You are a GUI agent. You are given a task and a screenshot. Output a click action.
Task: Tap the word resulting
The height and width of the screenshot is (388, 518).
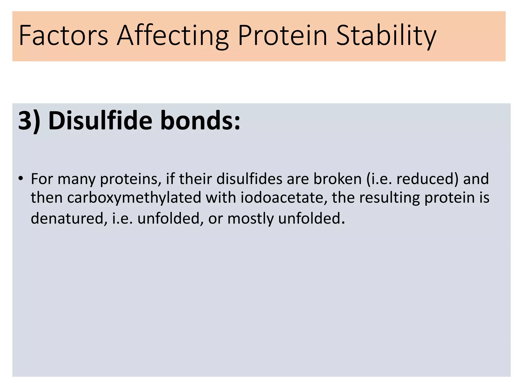coord(390,198)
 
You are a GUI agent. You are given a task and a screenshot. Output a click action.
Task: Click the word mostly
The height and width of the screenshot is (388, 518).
coord(250,219)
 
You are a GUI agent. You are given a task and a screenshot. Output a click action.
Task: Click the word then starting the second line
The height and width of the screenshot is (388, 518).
coord(47,198)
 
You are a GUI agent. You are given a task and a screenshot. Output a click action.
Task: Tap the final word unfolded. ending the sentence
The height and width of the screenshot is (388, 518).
coord(311,219)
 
